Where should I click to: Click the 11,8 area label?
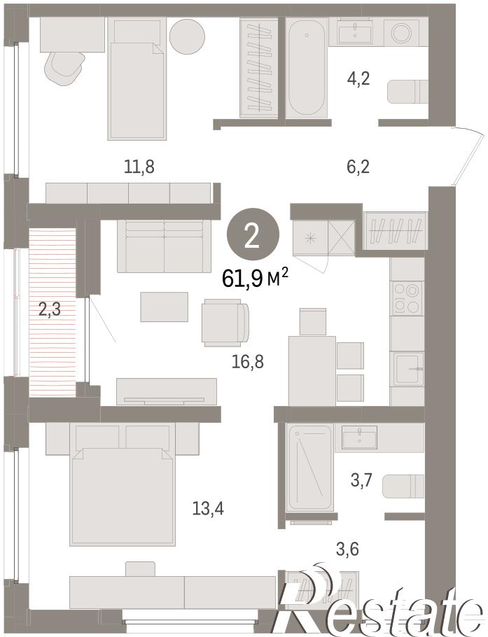[139, 167]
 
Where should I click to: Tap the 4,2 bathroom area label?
[358, 78]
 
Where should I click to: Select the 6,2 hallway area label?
[358, 167]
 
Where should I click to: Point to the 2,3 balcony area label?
[49, 310]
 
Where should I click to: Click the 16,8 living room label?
[249, 361]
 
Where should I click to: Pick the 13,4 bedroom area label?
[208, 508]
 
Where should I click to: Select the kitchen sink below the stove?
[408, 369]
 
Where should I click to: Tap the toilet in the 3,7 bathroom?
[404, 486]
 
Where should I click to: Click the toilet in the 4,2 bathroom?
[407, 92]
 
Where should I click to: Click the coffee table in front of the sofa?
[164, 307]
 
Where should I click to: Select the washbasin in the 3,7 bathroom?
[359, 437]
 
